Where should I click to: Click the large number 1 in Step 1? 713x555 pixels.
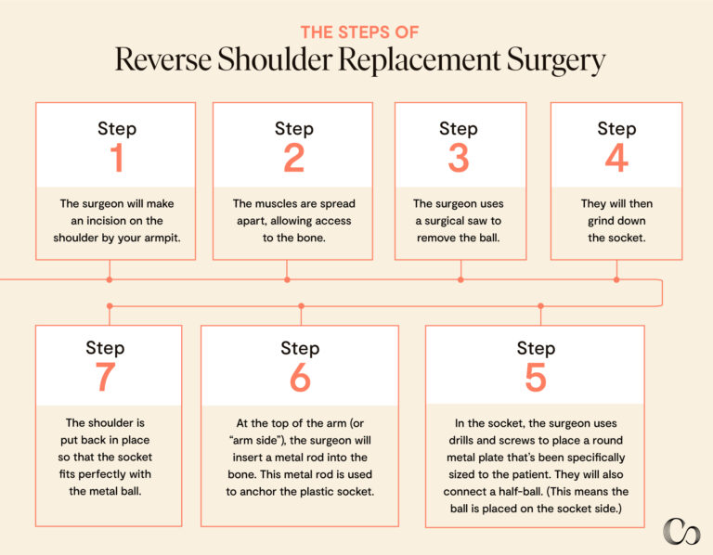(x=116, y=159)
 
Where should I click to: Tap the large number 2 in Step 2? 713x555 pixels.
(x=293, y=159)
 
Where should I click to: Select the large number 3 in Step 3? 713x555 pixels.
(x=459, y=159)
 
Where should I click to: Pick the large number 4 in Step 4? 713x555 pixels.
(x=616, y=159)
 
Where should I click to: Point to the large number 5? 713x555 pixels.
(x=536, y=378)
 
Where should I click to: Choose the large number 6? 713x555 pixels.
(x=300, y=378)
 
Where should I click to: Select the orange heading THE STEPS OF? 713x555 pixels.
(x=358, y=32)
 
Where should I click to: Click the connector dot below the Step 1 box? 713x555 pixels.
(x=110, y=278)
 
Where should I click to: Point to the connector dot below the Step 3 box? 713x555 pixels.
(x=460, y=278)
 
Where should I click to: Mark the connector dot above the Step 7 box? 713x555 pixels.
(x=110, y=305)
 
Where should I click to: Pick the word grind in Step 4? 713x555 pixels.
(x=598, y=221)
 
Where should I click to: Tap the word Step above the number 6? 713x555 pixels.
(x=300, y=348)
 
